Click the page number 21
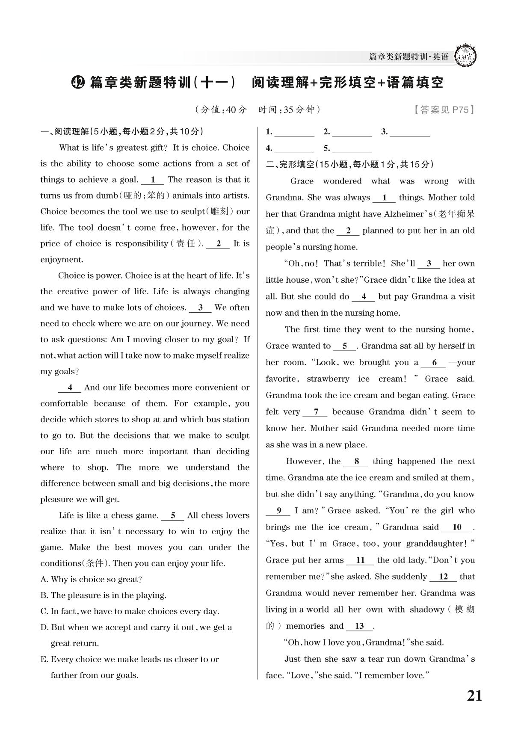(474, 696)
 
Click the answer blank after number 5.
(352, 148)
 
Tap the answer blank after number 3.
(409, 132)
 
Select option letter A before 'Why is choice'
(44, 579)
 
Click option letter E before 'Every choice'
(44, 659)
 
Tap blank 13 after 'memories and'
(359, 626)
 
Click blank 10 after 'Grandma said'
(457, 527)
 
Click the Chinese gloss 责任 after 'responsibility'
(186, 244)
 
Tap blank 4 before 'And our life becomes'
(70, 388)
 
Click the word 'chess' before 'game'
(125, 515)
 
